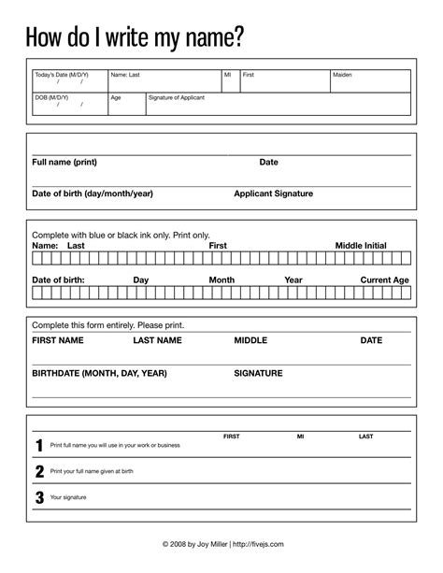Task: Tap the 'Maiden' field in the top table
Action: [x=342, y=74]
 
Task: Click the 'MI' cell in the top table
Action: [x=227, y=74]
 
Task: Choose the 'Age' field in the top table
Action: [x=116, y=97]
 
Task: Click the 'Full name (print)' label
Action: [x=71, y=162]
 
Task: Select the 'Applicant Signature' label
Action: [x=273, y=193]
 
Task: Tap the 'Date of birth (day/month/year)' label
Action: [x=93, y=193]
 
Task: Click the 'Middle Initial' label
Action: [x=361, y=245]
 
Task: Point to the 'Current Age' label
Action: [x=384, y=279]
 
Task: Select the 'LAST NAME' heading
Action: [x=157, y=341]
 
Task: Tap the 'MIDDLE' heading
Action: [x=250, y=341]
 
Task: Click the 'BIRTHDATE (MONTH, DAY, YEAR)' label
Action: [x=99, y=373]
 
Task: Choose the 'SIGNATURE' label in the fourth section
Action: [x=258, y=373]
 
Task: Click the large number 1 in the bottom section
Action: [x=39, y=446]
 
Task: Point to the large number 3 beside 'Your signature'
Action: [x=39, y=497]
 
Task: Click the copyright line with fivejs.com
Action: [x=221, y=543]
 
